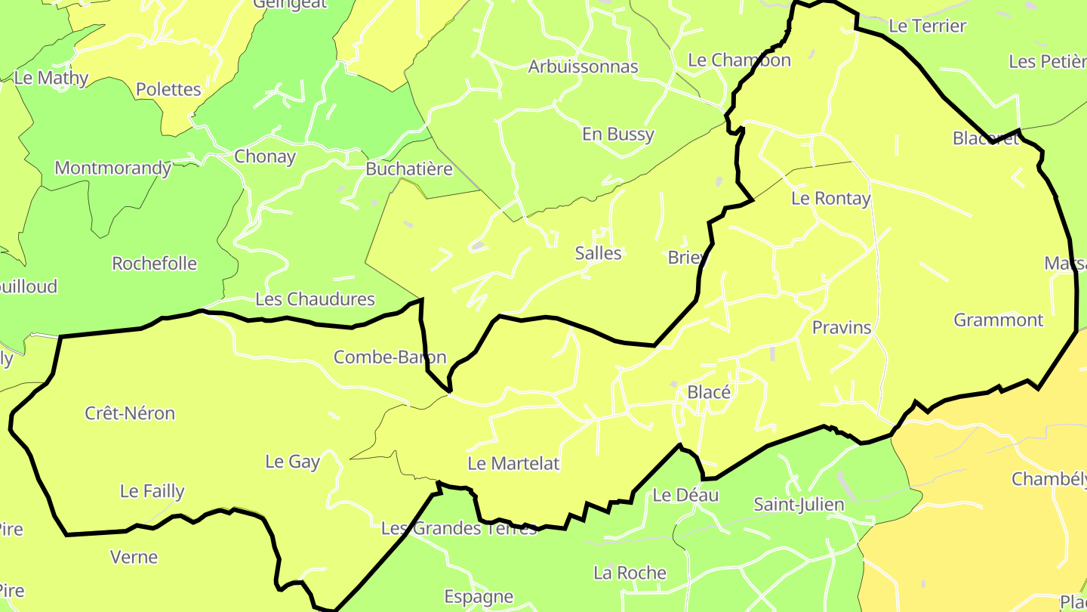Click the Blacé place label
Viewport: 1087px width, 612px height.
point(709,392)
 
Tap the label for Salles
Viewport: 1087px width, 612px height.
point(598,253)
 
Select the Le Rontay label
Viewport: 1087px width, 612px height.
point(830,199)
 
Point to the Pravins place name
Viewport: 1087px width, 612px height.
point(841,328)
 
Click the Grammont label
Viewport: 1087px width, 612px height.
point(998,320)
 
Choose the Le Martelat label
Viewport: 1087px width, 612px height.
point(513,463)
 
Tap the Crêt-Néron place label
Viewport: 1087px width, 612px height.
point(130,413)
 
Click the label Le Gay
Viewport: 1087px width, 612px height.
point(292,462)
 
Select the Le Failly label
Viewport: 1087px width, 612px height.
point(152,491)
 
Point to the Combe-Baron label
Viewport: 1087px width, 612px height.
point(390,357)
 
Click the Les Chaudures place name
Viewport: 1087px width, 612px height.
point(315,299)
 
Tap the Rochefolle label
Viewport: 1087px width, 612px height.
point(154,264)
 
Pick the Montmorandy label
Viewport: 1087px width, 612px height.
point(112,168)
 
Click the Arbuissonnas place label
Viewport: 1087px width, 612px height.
point(583,66)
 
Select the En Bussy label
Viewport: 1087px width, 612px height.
point(617,134)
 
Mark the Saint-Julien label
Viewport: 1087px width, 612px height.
point(799,504)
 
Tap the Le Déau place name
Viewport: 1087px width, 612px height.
point(685,495)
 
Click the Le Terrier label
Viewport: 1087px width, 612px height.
point(927,26)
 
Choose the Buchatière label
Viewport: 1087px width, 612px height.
point(408,168)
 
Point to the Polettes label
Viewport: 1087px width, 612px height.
point(168,89)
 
